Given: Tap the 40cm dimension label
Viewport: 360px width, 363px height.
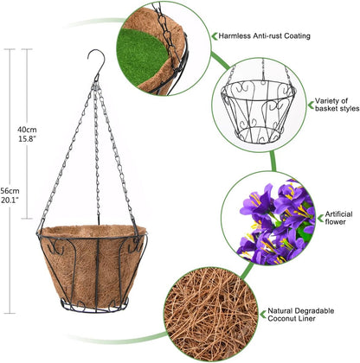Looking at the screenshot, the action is click(27, 130).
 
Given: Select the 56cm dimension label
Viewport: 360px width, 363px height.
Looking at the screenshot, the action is click(10, 191).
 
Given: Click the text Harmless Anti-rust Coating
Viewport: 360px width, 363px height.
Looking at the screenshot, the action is click(264, 36).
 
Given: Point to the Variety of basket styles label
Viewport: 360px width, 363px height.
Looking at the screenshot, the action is click(337, 105).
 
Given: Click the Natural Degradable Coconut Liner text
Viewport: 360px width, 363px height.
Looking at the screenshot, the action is click(301, 315).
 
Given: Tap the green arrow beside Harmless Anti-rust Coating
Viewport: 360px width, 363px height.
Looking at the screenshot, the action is click(215, 36).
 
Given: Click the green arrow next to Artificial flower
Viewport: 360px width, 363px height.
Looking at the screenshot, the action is click(320, 218).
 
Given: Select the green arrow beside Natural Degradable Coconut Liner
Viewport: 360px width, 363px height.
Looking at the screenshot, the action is click(262, 315).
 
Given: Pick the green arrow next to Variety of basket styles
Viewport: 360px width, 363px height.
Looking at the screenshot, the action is click(311, 105).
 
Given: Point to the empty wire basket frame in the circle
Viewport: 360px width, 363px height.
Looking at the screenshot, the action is click(259, 111).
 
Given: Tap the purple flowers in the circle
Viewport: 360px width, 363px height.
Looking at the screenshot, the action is click(275, 222).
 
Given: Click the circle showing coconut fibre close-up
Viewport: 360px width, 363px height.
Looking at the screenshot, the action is click(211, 315).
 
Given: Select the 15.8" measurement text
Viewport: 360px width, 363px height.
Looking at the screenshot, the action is click(27, 138).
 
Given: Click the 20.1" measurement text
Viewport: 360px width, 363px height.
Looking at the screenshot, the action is click(10, 200).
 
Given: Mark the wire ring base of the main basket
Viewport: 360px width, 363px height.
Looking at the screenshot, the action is click(94, 306).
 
